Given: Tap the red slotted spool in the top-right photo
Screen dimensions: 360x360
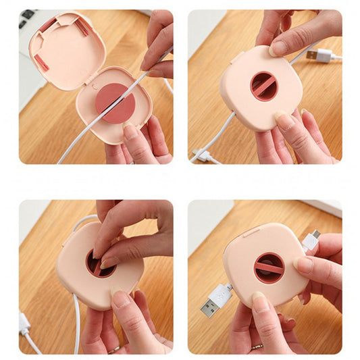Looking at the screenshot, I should point(264,86).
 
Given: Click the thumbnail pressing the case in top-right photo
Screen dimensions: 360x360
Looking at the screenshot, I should point(278,48).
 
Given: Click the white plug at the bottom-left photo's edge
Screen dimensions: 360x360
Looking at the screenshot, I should point(24,324).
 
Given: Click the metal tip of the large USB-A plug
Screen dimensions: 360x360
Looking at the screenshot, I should point(209,307).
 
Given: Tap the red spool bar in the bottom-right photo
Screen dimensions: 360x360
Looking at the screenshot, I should point(269,268).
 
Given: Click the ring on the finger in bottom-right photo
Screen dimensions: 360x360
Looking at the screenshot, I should point(257,346).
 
